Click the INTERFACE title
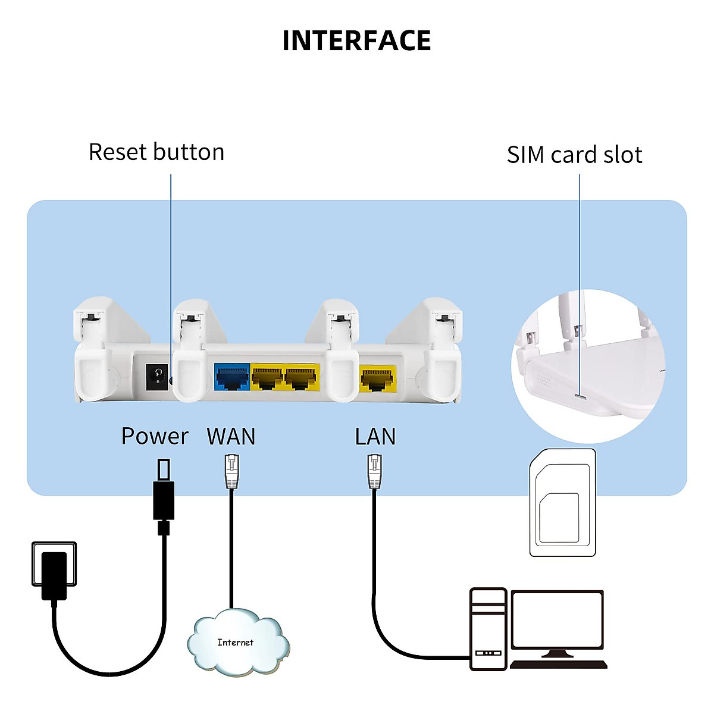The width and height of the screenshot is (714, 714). coord(356,40)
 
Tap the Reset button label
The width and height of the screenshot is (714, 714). coord(156,152)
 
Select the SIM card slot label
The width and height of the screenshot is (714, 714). coord(574,155)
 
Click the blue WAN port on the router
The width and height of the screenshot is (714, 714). coord(232,377)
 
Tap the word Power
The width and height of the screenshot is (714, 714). coord(155,436)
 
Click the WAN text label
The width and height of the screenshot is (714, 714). coord(231,437)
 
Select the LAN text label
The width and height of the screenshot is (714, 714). coord(375,437)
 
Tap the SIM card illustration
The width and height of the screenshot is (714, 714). coord(562,503)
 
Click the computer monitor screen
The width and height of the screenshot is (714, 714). coord(558,619)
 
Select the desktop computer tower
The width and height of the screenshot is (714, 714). coord(488,628)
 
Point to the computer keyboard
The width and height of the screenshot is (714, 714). coord(558,664)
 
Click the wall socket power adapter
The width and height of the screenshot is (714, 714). coord(54,574)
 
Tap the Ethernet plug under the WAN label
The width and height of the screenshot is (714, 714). coord(231,471)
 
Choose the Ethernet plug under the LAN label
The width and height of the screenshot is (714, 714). coord(374,471)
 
